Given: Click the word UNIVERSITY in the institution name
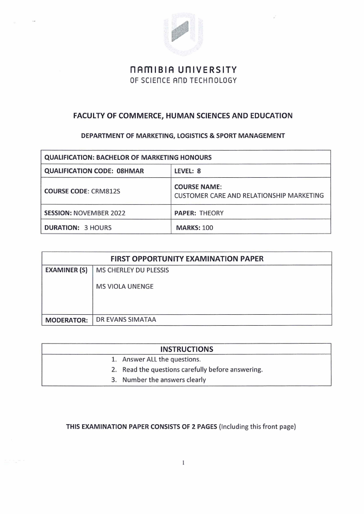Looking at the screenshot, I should click(x=208, y=70).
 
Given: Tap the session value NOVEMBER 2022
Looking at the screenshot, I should click(x=99, y=213).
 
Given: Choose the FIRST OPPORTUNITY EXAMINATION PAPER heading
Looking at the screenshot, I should click(x=186, y=258).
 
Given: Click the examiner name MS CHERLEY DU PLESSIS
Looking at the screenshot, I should click(x=132, y=270).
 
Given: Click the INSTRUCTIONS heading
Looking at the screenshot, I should click(x=186, y=349).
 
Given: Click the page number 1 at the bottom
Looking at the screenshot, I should click(x=183, y=463).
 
